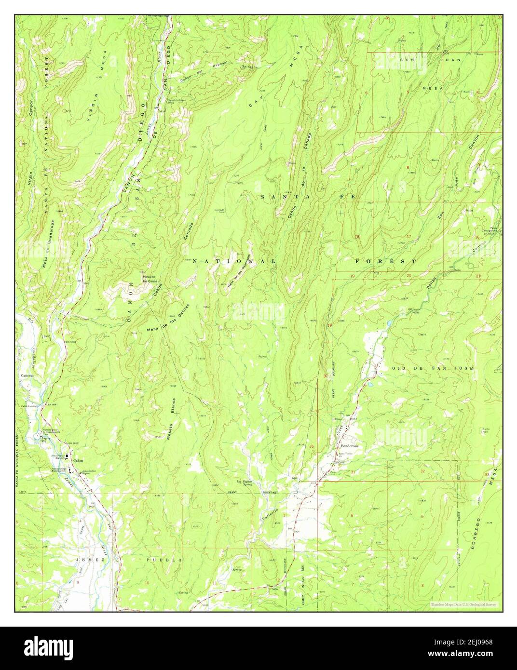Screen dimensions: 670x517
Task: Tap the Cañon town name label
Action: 78,461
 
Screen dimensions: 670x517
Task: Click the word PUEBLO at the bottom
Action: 164,560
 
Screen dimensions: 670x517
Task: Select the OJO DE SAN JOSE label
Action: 433,368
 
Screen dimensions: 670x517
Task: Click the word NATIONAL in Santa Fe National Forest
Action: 234,261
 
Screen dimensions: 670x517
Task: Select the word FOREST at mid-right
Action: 385,261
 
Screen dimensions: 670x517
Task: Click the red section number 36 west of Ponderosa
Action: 312,446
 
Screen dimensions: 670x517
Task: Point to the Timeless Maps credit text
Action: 464,604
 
